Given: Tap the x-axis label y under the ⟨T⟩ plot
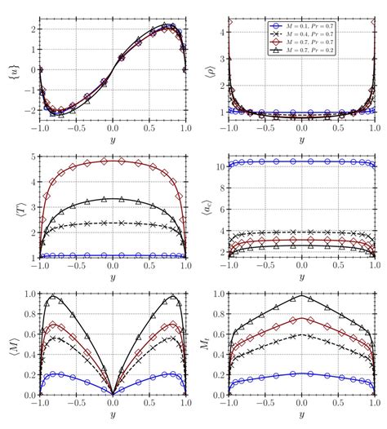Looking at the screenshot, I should pos(113,276).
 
